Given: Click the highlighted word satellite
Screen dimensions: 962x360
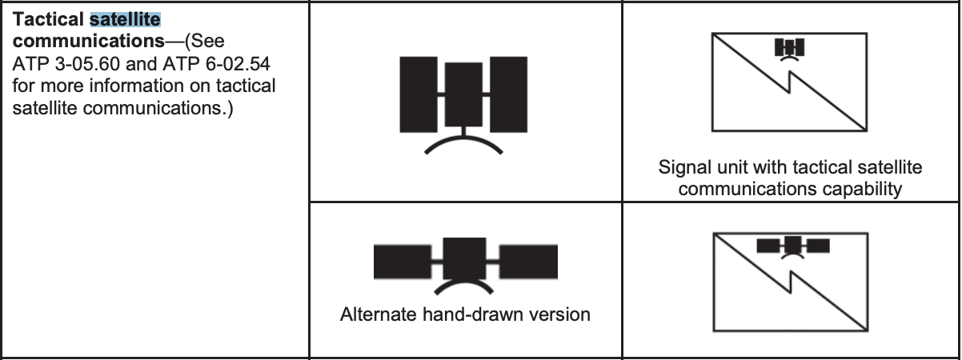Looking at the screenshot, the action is (x=125, y=19).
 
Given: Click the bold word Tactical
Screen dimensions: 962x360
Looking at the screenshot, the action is (x=48, y=19).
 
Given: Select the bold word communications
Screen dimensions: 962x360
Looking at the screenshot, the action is (x=89, y=41).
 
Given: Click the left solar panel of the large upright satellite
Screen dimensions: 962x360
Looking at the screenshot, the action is (x=419, y=94).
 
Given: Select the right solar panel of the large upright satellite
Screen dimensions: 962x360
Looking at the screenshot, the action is (x=508, y=94).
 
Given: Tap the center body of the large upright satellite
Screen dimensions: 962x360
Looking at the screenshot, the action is (x=463, y=94).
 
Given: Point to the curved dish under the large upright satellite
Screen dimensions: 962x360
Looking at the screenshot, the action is (x=463, y=138).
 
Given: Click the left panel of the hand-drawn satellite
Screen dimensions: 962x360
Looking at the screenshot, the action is (x=403, y=262).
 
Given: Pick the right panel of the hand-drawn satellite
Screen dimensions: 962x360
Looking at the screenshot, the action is (x=529, y=262).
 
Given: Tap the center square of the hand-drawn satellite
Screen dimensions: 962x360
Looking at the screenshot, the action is (x=465, y=258).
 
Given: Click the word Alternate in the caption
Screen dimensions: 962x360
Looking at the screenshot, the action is (x=378, y=314).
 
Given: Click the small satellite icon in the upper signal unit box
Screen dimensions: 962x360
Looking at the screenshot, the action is (x=789, y=50).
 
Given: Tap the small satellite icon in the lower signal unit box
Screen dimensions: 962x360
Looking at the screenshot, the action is (x=793, y=247).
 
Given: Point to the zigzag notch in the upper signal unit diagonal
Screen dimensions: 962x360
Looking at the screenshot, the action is (x=789, y=82).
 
